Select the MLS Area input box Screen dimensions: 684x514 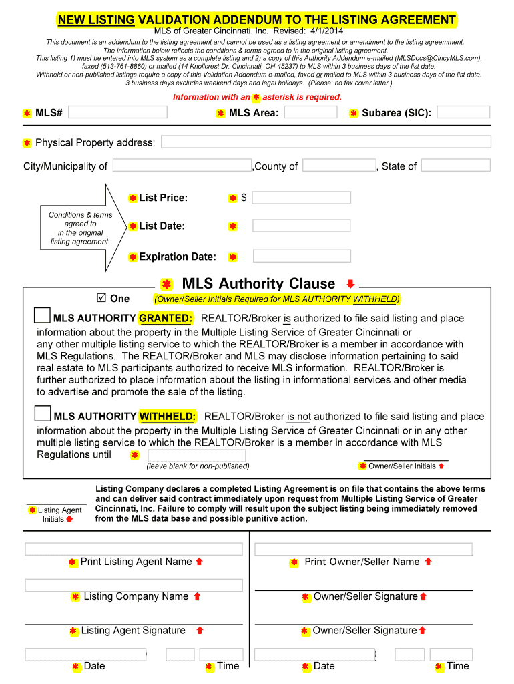[x=310, y=112]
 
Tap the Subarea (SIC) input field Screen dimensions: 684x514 [x=463, y=112]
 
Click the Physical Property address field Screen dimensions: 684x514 [x=326, y=142]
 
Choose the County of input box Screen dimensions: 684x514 [x=339, y=165]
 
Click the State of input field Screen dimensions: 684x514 [x=455, y=165]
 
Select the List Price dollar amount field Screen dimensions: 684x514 [x=301, y=198]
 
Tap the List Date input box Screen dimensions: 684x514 [x=301, y=226]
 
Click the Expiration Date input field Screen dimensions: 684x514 [x=302, y=256]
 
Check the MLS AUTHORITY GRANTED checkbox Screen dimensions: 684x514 [x=42, y=315]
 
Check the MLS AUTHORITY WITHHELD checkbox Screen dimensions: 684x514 [x=42, y=413]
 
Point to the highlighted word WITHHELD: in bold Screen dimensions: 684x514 [x=168, y=417]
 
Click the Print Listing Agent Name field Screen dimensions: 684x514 [x=134, y=549]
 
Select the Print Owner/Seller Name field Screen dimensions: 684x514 [x=363, y=549]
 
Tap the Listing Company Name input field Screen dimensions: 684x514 [x=134, y=585]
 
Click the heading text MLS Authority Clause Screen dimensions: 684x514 [x=258, y=284]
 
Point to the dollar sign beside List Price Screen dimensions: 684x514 [x=244, y=198]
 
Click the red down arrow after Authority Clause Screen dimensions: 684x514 [x=350, y=283]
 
